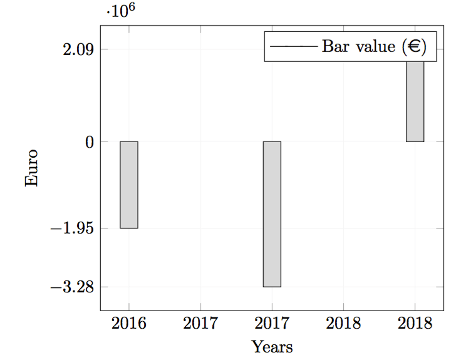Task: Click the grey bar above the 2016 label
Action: [x=129, y=185]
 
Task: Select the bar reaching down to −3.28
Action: [x=272, y=214]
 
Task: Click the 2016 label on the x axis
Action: [x=129, y=323]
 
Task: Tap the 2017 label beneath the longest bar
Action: [x=272, y=323]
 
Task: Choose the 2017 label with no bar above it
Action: [x=200, y=323]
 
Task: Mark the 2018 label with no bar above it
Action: [x=343, y=323]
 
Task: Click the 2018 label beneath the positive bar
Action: [x=415, y=323]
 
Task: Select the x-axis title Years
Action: [x=272, y=346]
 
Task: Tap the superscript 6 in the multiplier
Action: [x=131, y=8]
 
